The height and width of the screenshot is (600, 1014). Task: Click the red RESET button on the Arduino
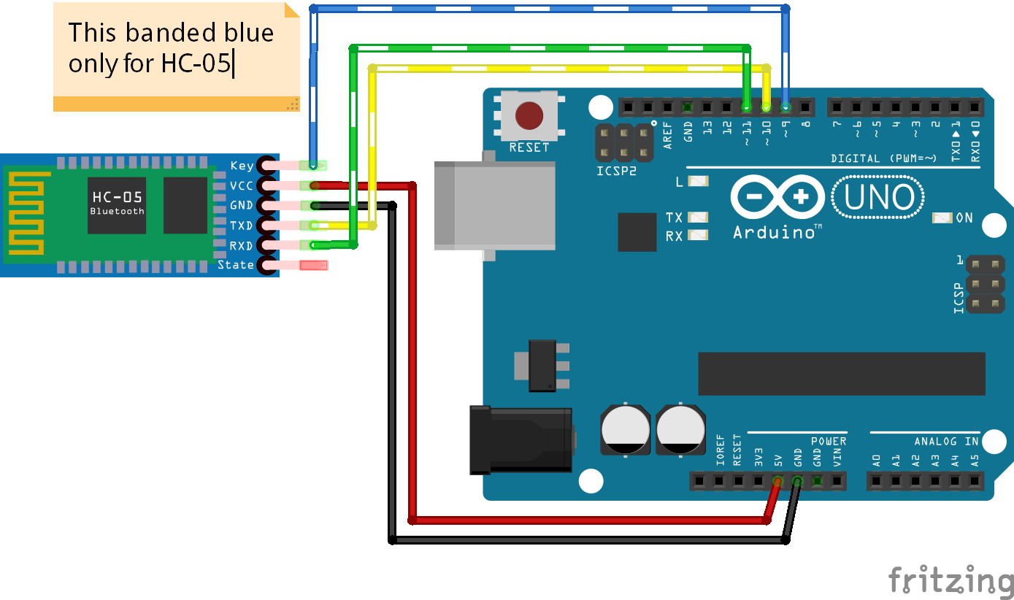[x=529, y=115]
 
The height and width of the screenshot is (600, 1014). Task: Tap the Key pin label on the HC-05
[x=242, y=166]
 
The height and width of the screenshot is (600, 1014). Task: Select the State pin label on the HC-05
[x=236, y=265]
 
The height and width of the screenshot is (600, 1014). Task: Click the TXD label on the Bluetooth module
[x=241, y=226]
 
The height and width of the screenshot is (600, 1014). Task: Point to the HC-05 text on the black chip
[x=117, y=197]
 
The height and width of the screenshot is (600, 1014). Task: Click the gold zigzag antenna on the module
[x=27, y=214]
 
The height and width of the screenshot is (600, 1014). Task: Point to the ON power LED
[x=943, y=218]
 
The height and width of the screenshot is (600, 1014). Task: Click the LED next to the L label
[x=699, y=182]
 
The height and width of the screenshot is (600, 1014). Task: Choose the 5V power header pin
[x=777, y=482]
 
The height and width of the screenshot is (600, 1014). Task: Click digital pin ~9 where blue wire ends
[x=786, y=107]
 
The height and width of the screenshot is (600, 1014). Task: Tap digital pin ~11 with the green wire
[x=746, y=107]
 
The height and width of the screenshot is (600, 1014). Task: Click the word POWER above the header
[x=829, y=441]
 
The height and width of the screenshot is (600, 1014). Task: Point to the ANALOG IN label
[x=946, y=441]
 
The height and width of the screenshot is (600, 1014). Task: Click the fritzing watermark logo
[x=950, y=581]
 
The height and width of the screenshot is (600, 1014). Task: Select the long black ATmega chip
[x=841, y=373]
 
